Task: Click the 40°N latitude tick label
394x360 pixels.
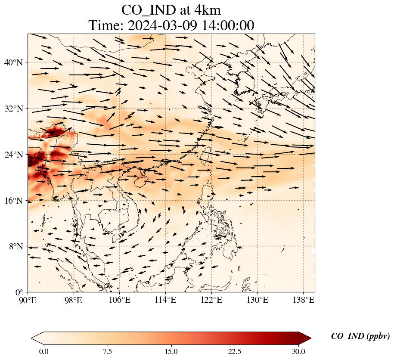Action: [x=16, y=62]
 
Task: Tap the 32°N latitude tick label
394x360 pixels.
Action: [x=16, y=109]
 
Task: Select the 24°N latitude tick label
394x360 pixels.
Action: [x=16, y=155]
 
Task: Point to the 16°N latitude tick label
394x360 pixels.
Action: [x=16, y=201]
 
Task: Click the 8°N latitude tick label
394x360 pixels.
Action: [x=17, y=246]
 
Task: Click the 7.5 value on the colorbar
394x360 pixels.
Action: [x=107, y=351]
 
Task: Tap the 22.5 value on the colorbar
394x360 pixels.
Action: [x=235, y=351]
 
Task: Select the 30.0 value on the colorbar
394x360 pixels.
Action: [x=298, y=351]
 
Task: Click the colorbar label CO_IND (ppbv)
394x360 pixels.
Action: [x=360, y=336]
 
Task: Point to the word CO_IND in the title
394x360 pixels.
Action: [x=148, y=9]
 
